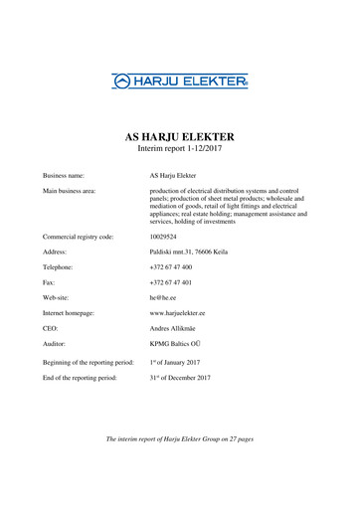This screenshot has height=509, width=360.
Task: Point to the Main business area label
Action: [x=71, y=189]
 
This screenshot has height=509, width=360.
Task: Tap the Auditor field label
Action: [x=56, y=343]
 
